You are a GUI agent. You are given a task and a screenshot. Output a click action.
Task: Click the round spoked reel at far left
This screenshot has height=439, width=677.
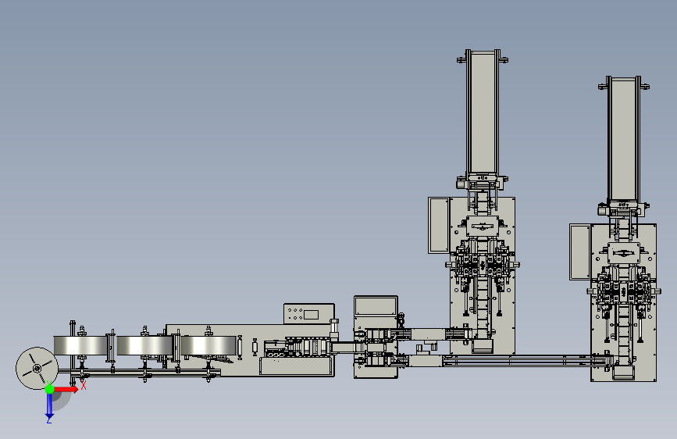37,368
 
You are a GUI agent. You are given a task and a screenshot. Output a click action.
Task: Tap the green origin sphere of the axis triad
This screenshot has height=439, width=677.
50,389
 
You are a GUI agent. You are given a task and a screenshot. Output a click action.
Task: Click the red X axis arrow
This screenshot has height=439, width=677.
66,389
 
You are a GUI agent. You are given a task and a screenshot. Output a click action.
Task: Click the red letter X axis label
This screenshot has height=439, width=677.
84,385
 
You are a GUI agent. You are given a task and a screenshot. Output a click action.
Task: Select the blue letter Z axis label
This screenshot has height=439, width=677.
48,420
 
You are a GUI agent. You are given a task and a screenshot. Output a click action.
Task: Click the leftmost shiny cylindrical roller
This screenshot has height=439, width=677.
80,345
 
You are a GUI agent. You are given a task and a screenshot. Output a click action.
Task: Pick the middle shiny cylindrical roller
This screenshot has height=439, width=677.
144,345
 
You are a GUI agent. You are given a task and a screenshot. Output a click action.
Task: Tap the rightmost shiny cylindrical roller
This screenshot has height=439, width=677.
208,345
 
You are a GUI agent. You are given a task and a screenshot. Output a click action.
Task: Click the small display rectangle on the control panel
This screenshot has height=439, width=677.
311,315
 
